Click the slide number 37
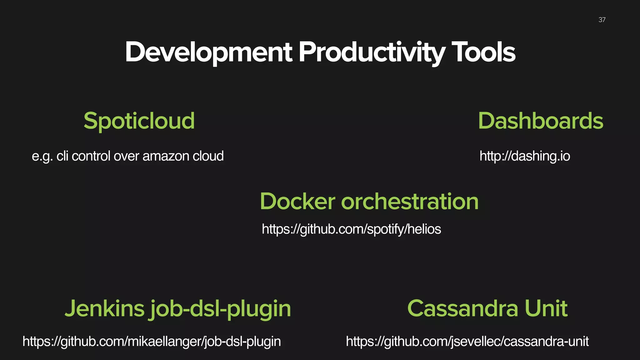[x=602, y=20]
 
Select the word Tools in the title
[x=483, y=52]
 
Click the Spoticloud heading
[x=139, y=121]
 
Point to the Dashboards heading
[x=540, y=121]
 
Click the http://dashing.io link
[x=525, y=156]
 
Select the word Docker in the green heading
[x=297, y=201]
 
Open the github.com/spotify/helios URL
[x=351, y=229]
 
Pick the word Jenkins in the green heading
[x=104, y=308]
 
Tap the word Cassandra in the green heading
[x=463, y=308]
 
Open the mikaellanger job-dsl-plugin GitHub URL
[x=152, y=342]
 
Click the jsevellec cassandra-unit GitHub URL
[x=467, y=342]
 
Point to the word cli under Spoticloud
[x=62, y=156]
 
